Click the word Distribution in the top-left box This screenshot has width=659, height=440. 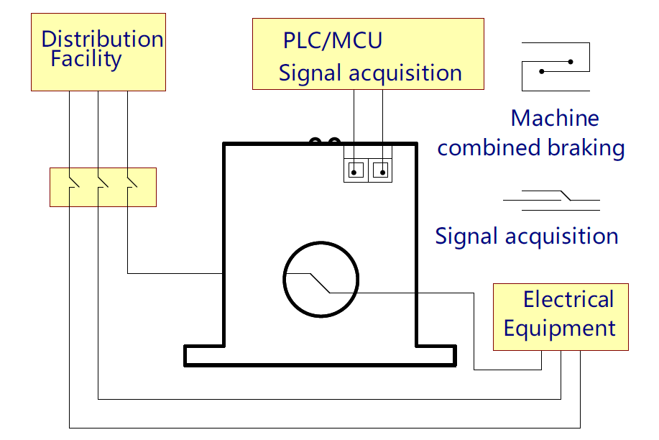[102, 38]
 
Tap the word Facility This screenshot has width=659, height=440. [86, 59]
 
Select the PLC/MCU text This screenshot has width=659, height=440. [332, 40]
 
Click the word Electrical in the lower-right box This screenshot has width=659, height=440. [568, 299]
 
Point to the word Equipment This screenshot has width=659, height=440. [559, 329]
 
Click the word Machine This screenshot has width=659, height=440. [554, 118]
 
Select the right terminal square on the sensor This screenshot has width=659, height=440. [381, 171]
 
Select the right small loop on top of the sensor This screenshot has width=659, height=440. [333, 142]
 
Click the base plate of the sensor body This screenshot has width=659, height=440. [320, 355]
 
